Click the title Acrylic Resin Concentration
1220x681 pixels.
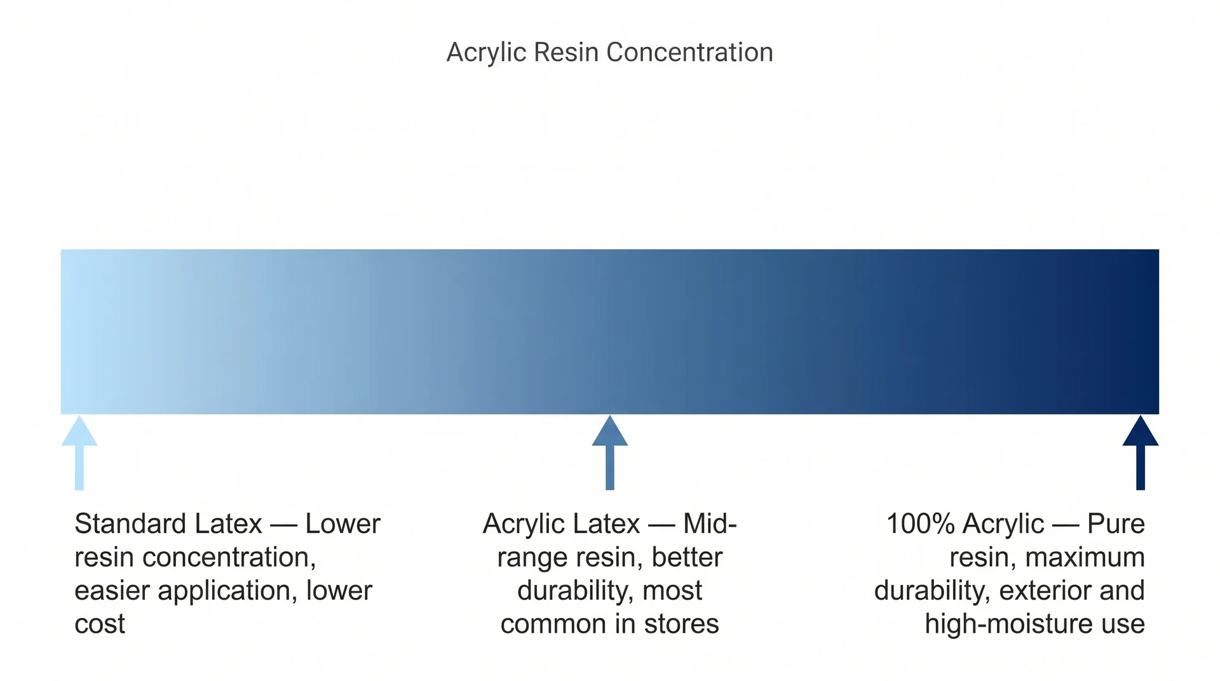610,52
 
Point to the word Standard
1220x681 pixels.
130,524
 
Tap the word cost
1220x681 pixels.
100,624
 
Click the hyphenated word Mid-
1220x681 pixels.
710,524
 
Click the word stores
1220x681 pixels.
681,624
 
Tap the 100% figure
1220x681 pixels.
921,524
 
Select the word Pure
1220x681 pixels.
1116,524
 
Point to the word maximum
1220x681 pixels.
1085,558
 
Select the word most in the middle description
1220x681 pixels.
672,591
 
